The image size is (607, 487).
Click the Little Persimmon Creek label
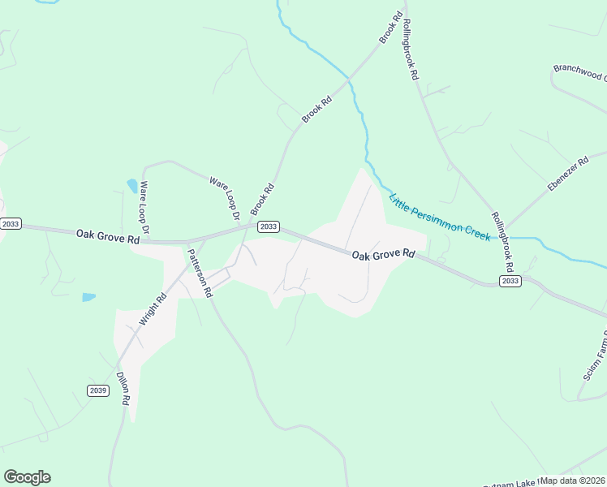point(440,218)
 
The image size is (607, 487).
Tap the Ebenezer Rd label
point(567,175)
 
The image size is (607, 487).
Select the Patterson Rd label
point(200,274)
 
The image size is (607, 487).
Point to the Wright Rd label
point(153,309)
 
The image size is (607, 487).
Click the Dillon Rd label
point(123,389)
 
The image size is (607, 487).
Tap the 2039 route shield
point(98,390)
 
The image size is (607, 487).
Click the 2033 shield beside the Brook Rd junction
point(269,226)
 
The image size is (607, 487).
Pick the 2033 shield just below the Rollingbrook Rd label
point(510,281)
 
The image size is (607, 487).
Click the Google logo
point(27,477)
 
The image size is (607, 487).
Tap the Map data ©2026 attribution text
point(573,481)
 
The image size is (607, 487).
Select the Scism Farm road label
point(596,357)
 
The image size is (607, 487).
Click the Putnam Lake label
point(510,483)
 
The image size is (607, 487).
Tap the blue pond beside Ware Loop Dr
point(131,186)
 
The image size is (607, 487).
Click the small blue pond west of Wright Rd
point(88,298)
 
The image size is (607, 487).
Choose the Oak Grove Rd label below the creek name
point(384,255)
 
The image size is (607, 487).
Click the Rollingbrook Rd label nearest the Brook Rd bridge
point(410,50)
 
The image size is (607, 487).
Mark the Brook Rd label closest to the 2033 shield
point(262,199)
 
